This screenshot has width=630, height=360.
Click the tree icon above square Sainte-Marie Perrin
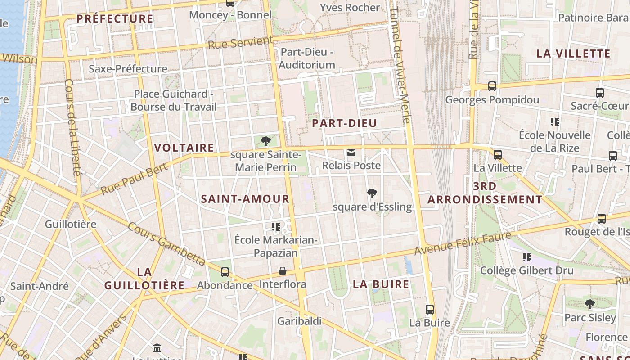click(x=266, y=141)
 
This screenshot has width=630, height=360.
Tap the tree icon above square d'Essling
click(x=372, y=194)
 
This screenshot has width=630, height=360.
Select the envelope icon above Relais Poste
click(x=351, y=153)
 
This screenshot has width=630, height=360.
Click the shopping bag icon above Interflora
click(x=283, y=271)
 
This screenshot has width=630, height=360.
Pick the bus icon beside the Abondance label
click(x=225, y=272)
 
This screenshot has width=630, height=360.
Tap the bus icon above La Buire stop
click(x=430, y=310)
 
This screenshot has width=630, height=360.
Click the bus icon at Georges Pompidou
click(x=492, y=86)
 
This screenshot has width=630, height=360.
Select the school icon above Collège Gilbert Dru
click(x=527, y=257)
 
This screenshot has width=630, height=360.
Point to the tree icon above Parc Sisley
click(x=590, y=304)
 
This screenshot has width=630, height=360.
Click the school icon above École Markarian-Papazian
click(x=275, y=227)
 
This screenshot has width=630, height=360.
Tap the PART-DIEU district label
click(x=344, y=123)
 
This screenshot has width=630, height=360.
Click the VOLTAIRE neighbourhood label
click(x=184, y=148)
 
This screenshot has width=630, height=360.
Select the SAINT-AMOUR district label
click(x=245, y=199)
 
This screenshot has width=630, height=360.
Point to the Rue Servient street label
click(x=240, y=43)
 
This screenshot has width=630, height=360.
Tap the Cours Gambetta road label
click(x=166, y=243)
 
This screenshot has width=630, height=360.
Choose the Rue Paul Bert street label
click(x=134, y=179)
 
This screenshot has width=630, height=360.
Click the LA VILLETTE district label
click(x=573, y=54)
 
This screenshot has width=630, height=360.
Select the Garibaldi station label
click(x=299, y=321)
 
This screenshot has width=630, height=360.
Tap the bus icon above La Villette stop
click(x=498, y=155)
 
